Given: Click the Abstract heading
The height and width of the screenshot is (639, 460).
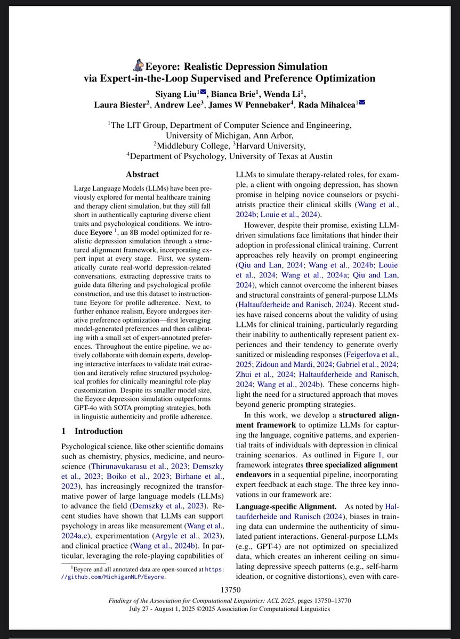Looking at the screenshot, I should (142, 174).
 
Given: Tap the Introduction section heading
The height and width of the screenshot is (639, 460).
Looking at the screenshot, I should (99, 431).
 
